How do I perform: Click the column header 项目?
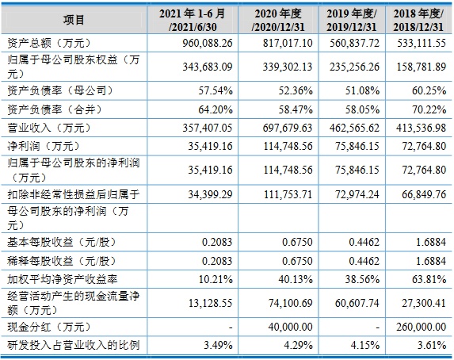click(x=74, y=20)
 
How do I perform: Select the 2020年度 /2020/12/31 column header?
click(x=278, y=20)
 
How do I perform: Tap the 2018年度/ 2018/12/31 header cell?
click(x=418, y=20)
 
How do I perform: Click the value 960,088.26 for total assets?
click(x=208, y=43)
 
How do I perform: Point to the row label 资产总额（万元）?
click(x=49, y=43)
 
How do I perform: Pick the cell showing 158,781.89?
click(x=421, y=67)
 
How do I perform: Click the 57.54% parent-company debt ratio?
click(x=216, y=90)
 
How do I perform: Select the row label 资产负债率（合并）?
click(x=55, y=109)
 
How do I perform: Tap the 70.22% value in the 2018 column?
click(x=429, y=109)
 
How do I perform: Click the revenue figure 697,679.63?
click(x=288, y=128)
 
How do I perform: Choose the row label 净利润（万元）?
click(x=44, y=146)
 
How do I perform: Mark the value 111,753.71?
click(x=288, y=194)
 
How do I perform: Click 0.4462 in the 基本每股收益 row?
click(x=364, y=242)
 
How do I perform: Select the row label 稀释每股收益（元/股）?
click(x=61, y=261)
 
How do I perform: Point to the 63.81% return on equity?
click(x=429, y=279)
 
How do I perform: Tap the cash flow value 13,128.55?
click(x=211, y=303)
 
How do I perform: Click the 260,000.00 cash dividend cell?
click(x=421, y=327)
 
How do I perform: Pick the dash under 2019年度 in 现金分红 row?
click(x=377, y=327)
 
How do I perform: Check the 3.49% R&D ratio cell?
click(x=218, y=345)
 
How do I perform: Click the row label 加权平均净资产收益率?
click(x=63, y=279)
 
